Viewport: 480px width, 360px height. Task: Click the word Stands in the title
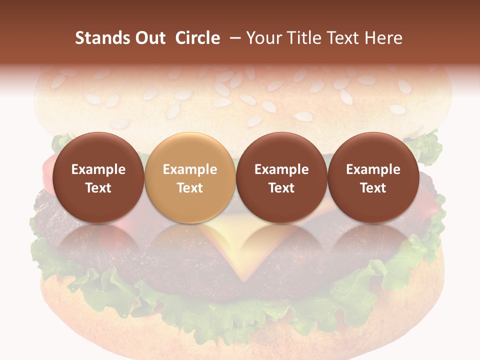pyautogui.click(x=100, y=38)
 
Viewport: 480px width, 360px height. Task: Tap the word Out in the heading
pyautogui.click(x=148, y=38)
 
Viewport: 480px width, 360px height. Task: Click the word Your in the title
pyautogui.click(x=263, y=38)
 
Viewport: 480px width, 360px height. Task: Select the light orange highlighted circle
pyautogui.click(x=190, y=178)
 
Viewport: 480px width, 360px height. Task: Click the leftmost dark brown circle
pyautogui.click(x=98, y=178)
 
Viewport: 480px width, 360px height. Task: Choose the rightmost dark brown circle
pyautogui.click(x=373, y=178)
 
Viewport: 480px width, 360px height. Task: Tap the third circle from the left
pyautogui.click(x=281, y=178)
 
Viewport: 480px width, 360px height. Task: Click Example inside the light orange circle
pyautogui.click(x=190, y=169)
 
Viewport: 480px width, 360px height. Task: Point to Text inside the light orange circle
pyautogui.click(x=190, y=188)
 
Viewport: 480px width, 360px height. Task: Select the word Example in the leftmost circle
pyautogui.click(x=98, y=169)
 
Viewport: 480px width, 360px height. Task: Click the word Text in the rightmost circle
pyautogui.click(x=373, y=188)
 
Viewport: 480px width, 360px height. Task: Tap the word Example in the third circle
pyautogui.click(x=281, y=169)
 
